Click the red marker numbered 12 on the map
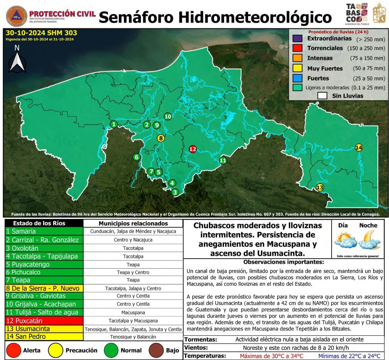tap(193, 149)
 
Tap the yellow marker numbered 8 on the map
tap(161, 138)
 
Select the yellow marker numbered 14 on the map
tap(359, 148)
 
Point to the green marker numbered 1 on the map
tap(114, 124)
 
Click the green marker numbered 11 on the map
tap(223, 161)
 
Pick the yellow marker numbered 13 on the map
tap(320, 187)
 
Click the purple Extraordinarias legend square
tap(297, 39)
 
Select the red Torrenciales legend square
tap(297, 48)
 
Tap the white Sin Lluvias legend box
tap(322, 96)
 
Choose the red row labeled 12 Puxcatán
tap(44, 321)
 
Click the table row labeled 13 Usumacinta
tap(44, 329)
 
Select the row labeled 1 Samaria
tap(44, 231)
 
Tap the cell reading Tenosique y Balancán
tap(133, 337)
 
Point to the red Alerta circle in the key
tap(13, 350)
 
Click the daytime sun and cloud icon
tap(346, 240)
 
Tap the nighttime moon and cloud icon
tap(369, 240)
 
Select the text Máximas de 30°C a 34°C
tap(271, 356)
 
